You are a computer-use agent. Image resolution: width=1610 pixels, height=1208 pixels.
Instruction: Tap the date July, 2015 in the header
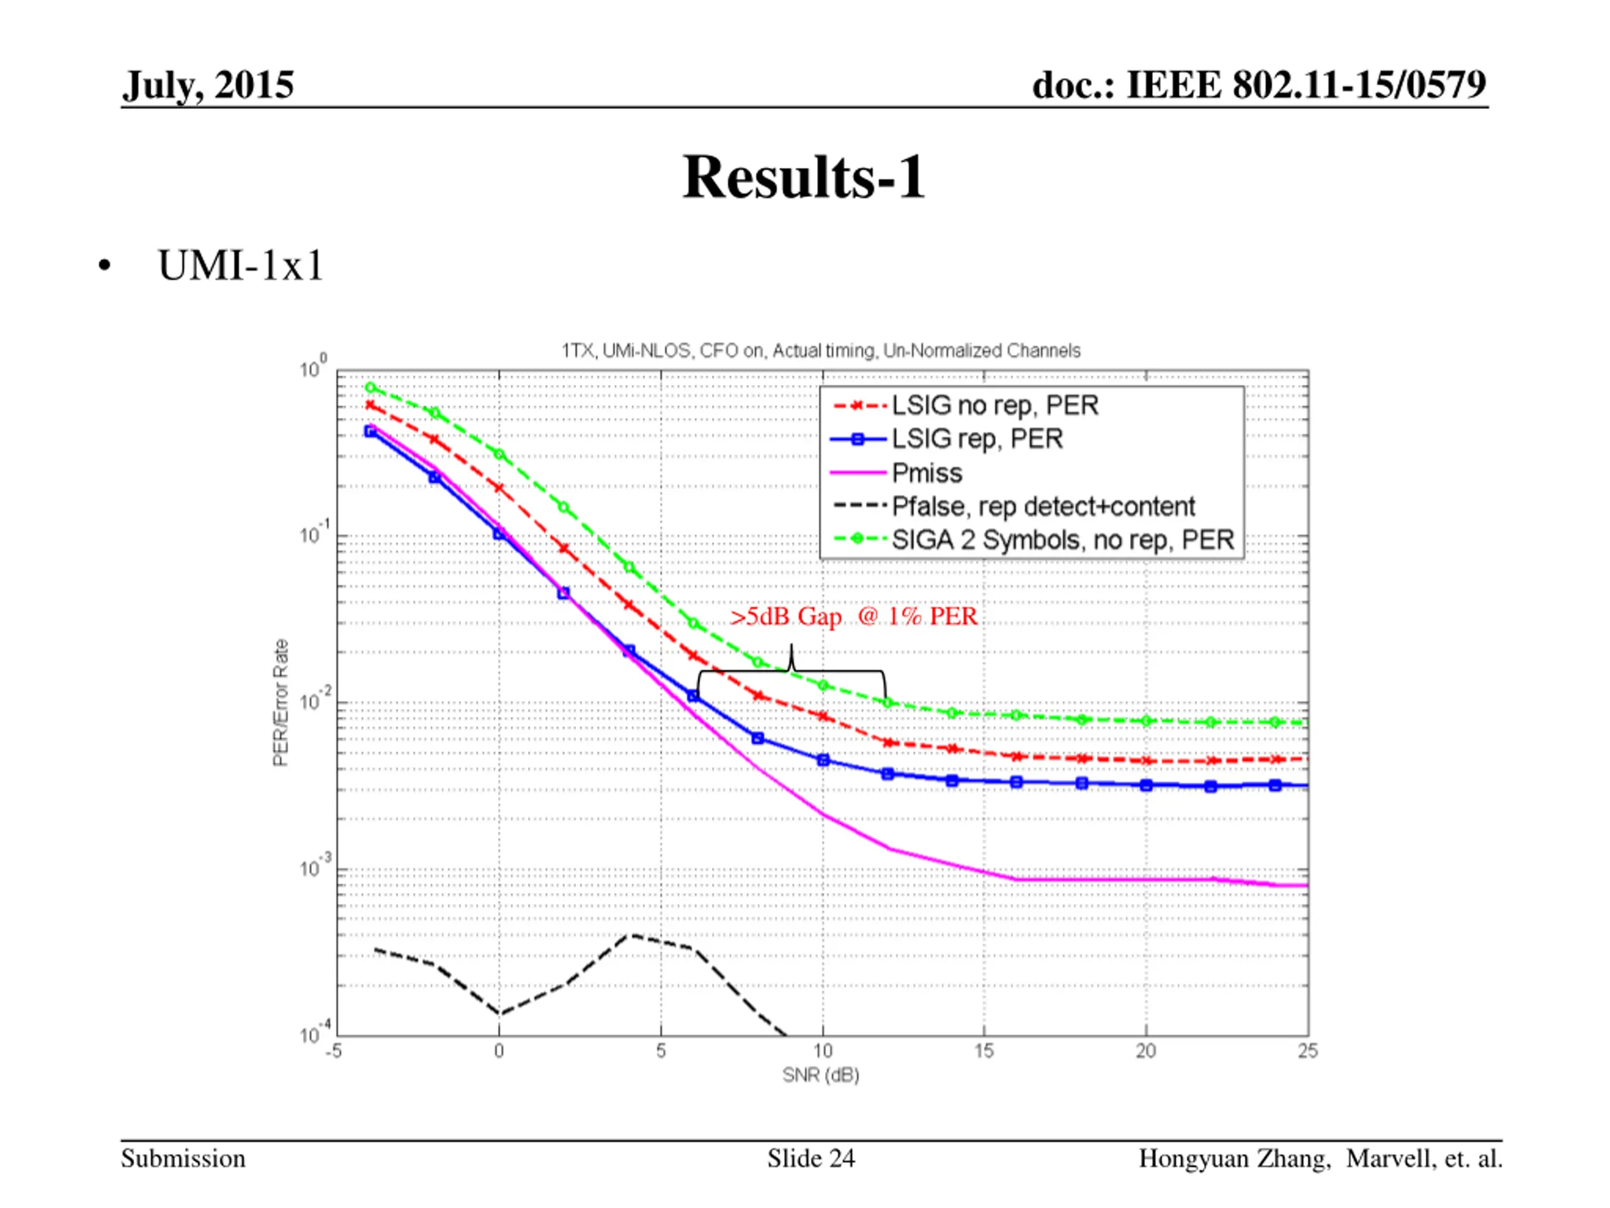tap(208, 85)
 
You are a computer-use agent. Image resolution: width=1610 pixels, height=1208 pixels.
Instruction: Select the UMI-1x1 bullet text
tap(240, 265)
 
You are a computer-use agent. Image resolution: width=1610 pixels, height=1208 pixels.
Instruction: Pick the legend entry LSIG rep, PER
tap(977, 439)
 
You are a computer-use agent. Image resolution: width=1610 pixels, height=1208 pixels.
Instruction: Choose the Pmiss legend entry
tap(926, 473)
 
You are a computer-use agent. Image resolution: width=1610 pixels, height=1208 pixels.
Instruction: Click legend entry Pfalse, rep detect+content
tap(1043, 506)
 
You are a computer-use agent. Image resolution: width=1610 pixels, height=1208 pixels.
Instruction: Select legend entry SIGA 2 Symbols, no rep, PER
tap(1063, 540)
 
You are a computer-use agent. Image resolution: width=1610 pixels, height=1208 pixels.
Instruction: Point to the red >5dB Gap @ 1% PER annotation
tap(853, 617)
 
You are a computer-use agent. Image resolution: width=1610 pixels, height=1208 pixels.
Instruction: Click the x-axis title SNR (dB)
tap(820, 1075)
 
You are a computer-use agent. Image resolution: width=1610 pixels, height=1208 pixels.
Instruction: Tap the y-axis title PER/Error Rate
tap(280, 703)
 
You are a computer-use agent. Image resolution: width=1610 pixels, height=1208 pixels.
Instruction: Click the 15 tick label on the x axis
tap(984, 1051)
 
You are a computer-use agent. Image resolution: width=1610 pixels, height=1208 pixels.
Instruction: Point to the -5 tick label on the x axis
tap(333, 1051)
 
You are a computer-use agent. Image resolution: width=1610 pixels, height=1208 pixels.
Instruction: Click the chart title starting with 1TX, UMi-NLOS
tap(820, 351)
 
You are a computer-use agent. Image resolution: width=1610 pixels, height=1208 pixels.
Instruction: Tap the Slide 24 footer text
tap(811, 1158)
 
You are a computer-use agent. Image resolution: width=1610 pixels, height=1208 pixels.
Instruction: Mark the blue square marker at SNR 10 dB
tap(823, 760)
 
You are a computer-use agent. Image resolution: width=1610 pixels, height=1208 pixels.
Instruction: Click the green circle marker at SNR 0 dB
tap(499, 454)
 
